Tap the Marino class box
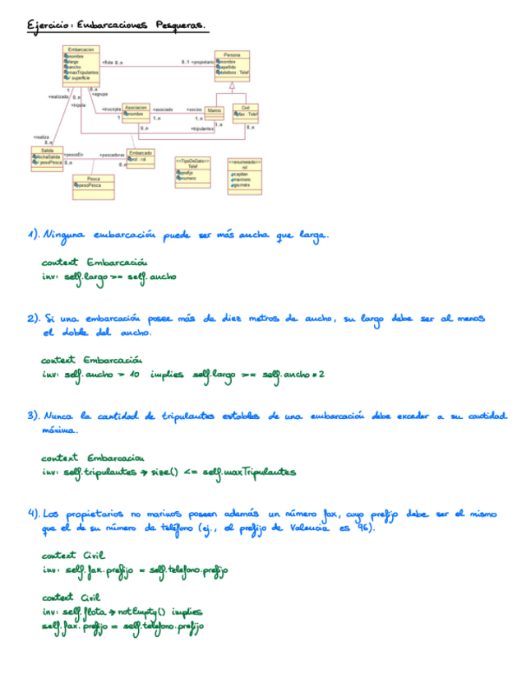tap(213, 114)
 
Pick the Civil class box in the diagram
tap(246, 114)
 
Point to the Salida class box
tap(46, 157)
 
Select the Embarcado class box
tap(141, 157)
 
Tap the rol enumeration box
tap(245, 175)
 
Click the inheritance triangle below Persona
tap(233, 85)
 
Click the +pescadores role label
tap(112, 155)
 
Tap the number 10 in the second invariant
tap(134, 375)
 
